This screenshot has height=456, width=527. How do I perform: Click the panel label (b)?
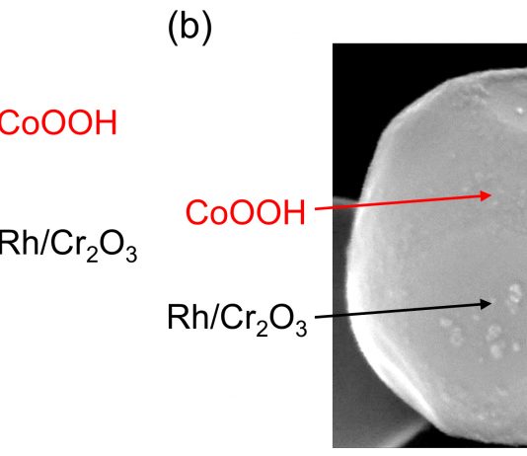click(x=189, y=28)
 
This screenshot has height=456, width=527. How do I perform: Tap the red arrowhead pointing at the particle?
click(x=486, y=195)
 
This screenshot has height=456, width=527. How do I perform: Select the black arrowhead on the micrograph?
click(x=486, y=304)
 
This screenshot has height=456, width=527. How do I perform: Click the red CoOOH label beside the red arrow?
click(x=246, y=212)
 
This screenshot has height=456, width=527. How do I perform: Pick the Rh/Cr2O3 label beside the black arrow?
click(x=237, y=319)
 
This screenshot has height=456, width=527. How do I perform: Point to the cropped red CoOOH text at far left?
click(x=58, y=122)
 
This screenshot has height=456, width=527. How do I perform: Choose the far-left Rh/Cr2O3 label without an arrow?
click(x=68, y=246)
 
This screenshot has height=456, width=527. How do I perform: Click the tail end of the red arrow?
click(x=315, y=209)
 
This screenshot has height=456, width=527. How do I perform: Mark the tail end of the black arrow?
click(x=315, y=317)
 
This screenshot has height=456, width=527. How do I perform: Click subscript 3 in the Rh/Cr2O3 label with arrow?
click(x=301, y=328)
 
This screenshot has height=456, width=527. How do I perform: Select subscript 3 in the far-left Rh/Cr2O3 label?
click(x=131, y=254)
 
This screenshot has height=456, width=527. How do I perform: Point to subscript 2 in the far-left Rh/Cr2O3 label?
click(x=92, y=254)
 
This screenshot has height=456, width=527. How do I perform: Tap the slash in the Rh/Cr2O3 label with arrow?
click(x=212, y=317)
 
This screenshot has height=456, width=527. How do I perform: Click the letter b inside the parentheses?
click(x=189, y=27)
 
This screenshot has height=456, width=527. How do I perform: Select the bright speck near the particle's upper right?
click(x=520, y=110)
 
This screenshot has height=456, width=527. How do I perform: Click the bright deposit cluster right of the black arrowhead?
click(x=514, y=294)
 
